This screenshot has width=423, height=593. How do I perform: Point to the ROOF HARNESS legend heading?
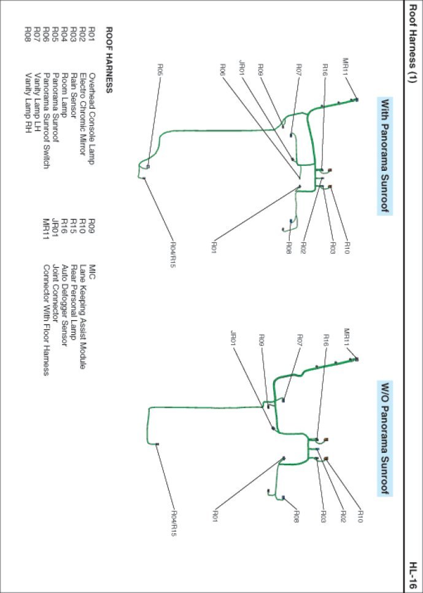click(109, 60)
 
